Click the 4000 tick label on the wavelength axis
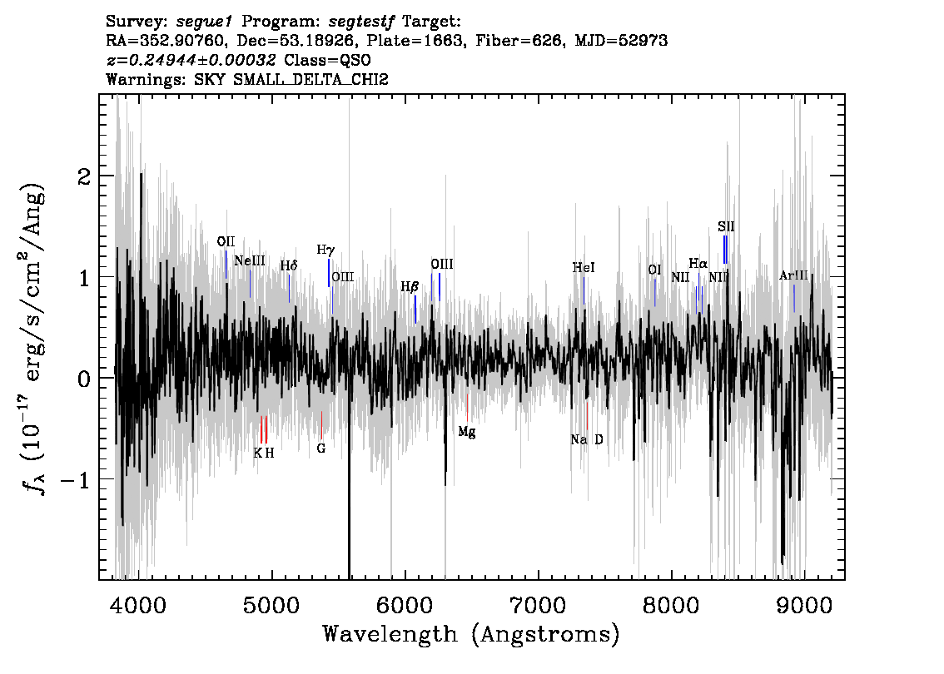pos(139,605)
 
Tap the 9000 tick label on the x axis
pos(803,605)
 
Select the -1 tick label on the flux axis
pos(77,479)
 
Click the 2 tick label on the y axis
pos(85,176)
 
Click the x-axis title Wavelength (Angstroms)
pos(471,634)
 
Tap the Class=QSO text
pos(327,60)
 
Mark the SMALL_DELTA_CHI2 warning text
pos(311,79)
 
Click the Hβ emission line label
pos(410,287)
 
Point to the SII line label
pos(726,227)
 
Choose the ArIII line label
pos(793,275)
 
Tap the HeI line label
pos(584,267)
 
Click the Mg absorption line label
pos(466,432)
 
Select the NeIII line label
pos(250,260)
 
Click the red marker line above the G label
pos(321,425)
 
